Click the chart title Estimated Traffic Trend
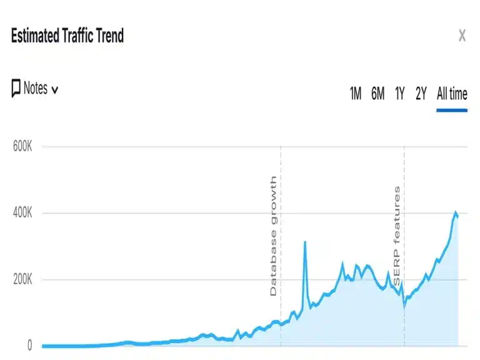coord(67,36)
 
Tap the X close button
coord(462,36)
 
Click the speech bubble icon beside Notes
coord(16,89)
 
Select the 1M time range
coord(355,94)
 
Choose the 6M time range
coord(377,94)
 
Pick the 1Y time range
coord(400,94)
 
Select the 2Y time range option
coord(421,94)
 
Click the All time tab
coord(452,94)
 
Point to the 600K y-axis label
coord(22,147)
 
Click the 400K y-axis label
coord(22,214)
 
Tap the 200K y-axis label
coord(22,280)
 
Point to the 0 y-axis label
coord(29,346)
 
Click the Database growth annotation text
coord(273,236)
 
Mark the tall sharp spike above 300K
coord(305,242)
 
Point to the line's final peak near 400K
coord(456,212)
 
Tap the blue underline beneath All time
coord(452,110)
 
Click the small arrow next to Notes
coord(54,90)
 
